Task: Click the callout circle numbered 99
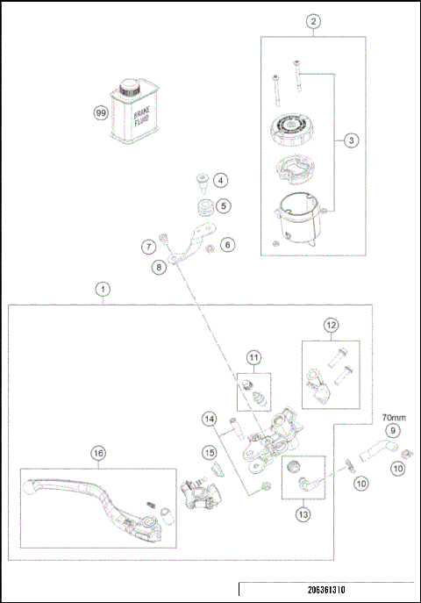pos(101,113)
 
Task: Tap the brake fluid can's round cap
pos(129,88)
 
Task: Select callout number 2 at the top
pos(313,22)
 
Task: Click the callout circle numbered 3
pos(351,140)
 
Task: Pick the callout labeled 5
pos(224,206)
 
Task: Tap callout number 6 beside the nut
pos(228,245)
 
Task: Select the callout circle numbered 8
pos(159,267)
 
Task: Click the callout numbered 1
pos(103,289)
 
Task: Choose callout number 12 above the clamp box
pos(332,326)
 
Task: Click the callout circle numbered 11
pos(253,357)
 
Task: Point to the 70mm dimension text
pos(394,417)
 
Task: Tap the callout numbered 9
pos(393,431)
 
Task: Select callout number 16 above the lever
pos(98,454)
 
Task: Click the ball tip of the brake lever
pos(29,487)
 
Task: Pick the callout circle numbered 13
pos(303,514)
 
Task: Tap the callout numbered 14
pos(210,419)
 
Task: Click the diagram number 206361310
pos(326,590)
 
